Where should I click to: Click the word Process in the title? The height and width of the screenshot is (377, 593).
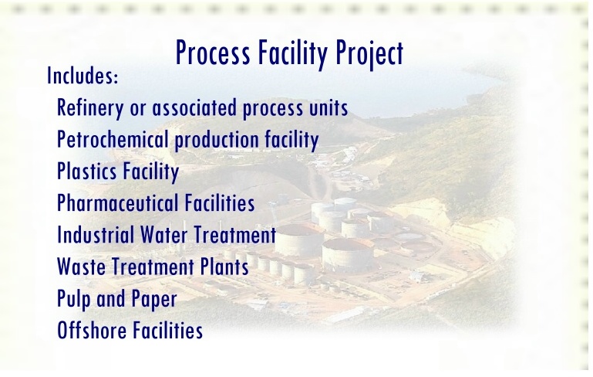(213, 53)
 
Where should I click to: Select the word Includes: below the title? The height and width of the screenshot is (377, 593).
(83, 75)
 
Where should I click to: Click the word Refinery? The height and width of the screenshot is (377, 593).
(90, 108)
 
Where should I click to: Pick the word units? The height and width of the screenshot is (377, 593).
(329, 107)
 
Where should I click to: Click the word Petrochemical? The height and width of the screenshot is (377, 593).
(113, 139)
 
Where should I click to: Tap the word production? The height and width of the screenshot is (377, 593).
(217, 140)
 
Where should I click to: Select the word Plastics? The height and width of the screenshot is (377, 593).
(86, 171)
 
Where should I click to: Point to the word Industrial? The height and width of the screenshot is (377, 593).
(96, 235)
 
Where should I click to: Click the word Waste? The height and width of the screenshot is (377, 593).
(81, 267)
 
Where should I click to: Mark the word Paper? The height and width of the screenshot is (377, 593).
(154, 299)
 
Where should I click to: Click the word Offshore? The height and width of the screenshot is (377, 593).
(92, 330)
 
